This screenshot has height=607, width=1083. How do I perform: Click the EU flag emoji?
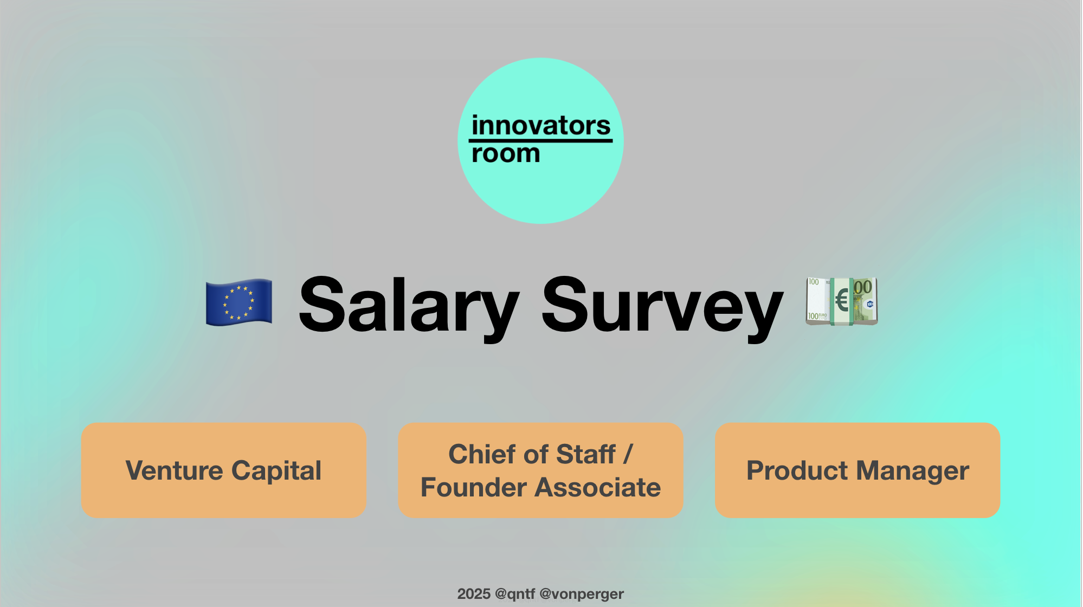239,302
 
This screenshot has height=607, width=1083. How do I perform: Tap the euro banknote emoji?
841,301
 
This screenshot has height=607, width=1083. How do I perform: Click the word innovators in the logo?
541,126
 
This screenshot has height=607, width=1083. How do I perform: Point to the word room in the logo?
506,154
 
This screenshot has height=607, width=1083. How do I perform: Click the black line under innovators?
540,141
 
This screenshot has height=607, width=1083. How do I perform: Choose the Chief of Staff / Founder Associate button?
540,470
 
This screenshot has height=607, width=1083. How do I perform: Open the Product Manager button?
858,470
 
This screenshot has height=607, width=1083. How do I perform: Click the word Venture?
174,470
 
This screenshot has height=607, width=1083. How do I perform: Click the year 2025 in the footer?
474,594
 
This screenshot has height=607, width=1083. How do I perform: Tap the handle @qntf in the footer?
515,594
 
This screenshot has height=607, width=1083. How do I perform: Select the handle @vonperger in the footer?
582,594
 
